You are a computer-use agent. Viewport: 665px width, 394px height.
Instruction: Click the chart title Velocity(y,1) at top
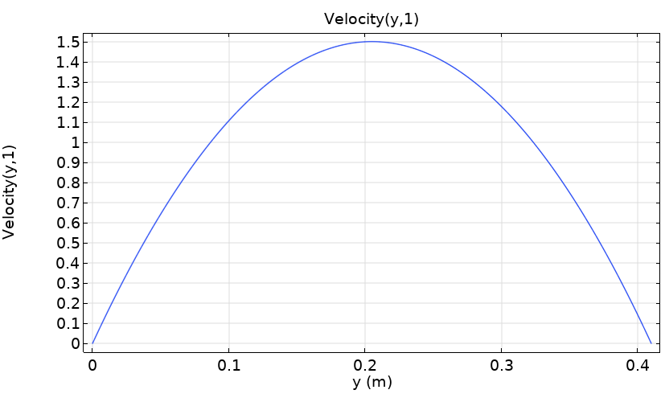pyautogui.click(x=371, y=19)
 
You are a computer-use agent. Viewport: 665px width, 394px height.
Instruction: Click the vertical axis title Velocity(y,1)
pyautogui.click(x=10, y=191)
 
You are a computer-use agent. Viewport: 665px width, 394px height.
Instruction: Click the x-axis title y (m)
pyautogui.click(x=371, y=382)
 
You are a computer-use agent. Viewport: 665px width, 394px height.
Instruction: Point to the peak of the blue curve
pyautogui.click(x=372, y=42)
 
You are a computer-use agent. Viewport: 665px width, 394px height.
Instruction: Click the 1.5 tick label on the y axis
pyautogui.click(x=68, y=42)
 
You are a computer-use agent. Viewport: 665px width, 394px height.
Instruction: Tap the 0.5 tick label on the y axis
pyautogui.click(x=68, y=243)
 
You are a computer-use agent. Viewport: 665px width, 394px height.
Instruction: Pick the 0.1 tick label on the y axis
pyautogui.click(x=68, y=323)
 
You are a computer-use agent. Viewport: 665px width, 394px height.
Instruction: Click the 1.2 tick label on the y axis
pyautogui.click(x=68, y=102)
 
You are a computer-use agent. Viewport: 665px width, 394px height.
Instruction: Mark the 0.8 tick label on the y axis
pyautogui.click(x=68, y=183)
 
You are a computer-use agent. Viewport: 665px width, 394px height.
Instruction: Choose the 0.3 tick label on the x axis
pyautogui.click(x=502, y=364)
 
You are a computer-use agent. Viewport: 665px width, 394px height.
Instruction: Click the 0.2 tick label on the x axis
pyautogui.click(x=365, y=364)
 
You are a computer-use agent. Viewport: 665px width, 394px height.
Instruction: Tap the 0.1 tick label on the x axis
pyautogui.click(x=229, y=364)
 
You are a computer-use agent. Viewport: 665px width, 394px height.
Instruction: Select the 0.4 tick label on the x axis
pyautogui.click(x=638, y=364)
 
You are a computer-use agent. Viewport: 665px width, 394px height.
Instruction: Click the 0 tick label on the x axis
pyautogui.click(x=92, y=364)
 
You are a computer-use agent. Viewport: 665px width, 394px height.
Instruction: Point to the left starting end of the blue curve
pyautogui.click(x=92, y=343)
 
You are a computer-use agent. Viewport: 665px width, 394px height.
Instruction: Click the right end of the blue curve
pyautogui.click(x=651, y=343)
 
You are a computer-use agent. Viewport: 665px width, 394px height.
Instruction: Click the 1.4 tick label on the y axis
pyautogui.click(x=68, y=62)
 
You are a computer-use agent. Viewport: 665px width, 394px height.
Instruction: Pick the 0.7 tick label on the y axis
pyautogui.click(x=68, y=203)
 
